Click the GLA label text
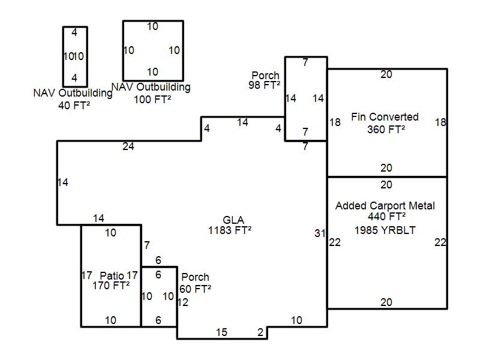tap(233, 220)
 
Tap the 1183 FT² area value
tap(230, 230)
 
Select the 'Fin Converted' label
tap(385, 116)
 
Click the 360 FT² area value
tap(386, 129)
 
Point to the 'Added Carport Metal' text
tap(385, 205)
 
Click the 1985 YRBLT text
tap(385, 230)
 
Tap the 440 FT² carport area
tap(386, 217)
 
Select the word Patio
tap(112, 275)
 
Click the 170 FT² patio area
tap(111, 286)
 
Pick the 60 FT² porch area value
tap(196, 289)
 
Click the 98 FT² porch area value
tap(264, 85)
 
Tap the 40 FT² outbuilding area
tap(74, 106)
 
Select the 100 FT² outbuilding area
tap(152, 99)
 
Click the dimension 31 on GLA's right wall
tap(320, 233)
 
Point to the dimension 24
tap(128, 146)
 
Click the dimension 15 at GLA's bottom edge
tap(221, 332)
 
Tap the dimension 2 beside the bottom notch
tap(260, 332)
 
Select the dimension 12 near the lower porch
tap(183, 302)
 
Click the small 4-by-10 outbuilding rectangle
tap(64, 56)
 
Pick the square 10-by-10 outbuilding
tap(123, 50)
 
